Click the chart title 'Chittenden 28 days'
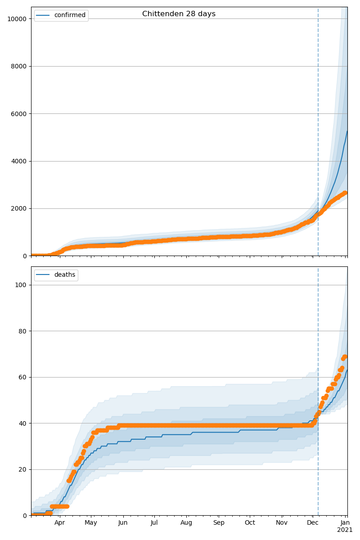[x=179, y=14]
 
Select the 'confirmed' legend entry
[x=69, y=15]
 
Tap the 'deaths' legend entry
[x=64, y=275]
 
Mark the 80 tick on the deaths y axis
[x=22, y=331]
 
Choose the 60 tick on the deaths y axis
[x=22, y=377]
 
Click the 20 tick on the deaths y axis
[x=22, y=469]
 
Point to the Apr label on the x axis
[x=59, y=523]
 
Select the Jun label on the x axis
[x=123, y=523]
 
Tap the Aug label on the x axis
[x=186, y=523]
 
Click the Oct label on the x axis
[x=250, y=523]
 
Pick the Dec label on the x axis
[x=313, y=523]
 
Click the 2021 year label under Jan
[x=345, y=530]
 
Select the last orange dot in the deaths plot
[x=345, y=356]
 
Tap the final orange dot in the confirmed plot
[x=345, y=193]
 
